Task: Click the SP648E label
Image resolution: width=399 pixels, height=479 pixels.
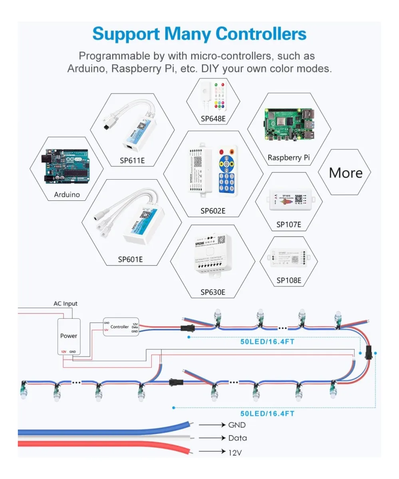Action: (214, 119)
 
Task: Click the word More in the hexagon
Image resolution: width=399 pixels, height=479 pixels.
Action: (345, 172)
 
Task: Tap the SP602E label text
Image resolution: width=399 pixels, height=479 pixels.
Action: (213, 211)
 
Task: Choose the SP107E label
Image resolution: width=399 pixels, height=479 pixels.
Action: (289, 224)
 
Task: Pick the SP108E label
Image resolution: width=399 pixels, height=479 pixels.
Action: (289, 280)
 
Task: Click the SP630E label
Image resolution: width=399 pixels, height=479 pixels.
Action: (213, 292)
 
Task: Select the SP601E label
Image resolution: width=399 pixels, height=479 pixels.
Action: (130, 259)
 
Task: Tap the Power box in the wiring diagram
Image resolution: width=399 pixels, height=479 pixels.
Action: (69, 336)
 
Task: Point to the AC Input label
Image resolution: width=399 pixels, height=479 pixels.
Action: (66, 303)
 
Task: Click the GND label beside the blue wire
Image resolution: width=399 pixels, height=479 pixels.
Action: (237, 425)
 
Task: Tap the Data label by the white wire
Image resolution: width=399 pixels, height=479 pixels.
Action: (238, 438)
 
